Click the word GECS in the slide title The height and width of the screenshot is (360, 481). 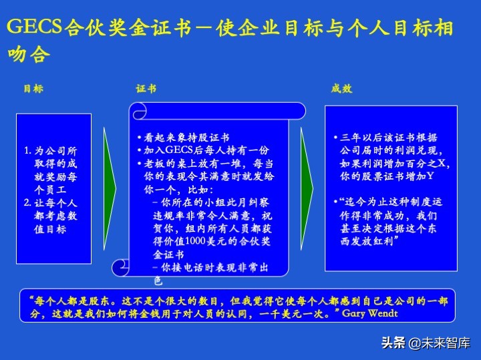[x=33, y=27]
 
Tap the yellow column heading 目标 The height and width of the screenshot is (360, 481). [x=33, y=89]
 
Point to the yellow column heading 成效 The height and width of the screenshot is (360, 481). [x=341, y=89]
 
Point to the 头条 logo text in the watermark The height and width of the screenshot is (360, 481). [x=393, y=343]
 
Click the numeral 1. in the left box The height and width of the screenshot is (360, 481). [x=27, y=152]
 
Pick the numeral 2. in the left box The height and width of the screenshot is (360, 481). [x=27, y=202]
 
